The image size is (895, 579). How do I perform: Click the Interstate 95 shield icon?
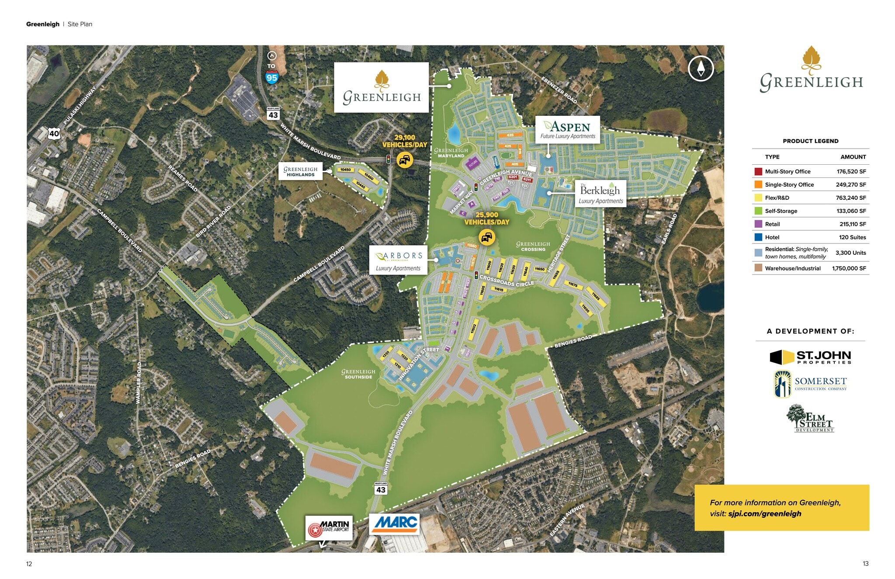tap(272, 78)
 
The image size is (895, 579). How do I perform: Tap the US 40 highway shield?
tap(54, 133)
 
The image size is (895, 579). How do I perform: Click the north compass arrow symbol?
tap(701, 69)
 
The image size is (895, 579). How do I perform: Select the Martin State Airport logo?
tap(329, 528)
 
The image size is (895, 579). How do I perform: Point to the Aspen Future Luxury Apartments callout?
tap(568, 129)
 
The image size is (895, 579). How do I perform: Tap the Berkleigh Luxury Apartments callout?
tap(600, 194)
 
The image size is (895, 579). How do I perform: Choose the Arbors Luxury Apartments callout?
tap(398, 260)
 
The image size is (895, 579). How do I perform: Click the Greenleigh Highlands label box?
tap(300, 171)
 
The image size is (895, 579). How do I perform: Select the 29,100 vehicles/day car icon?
tap(405, 160)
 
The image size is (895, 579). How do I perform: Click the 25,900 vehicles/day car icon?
tap(487, 238)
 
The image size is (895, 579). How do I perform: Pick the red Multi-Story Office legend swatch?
tap(758, 172)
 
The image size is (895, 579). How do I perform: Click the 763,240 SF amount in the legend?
tap(851, 198)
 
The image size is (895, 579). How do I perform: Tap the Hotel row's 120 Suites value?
tap(852, 237)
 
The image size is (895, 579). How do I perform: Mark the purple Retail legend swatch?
tap(758, 224)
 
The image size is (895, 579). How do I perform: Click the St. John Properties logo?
tap(810, 357)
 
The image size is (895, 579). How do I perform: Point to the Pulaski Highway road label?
tap(80, 105)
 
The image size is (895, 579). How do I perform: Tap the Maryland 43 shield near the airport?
tap(381, 489)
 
